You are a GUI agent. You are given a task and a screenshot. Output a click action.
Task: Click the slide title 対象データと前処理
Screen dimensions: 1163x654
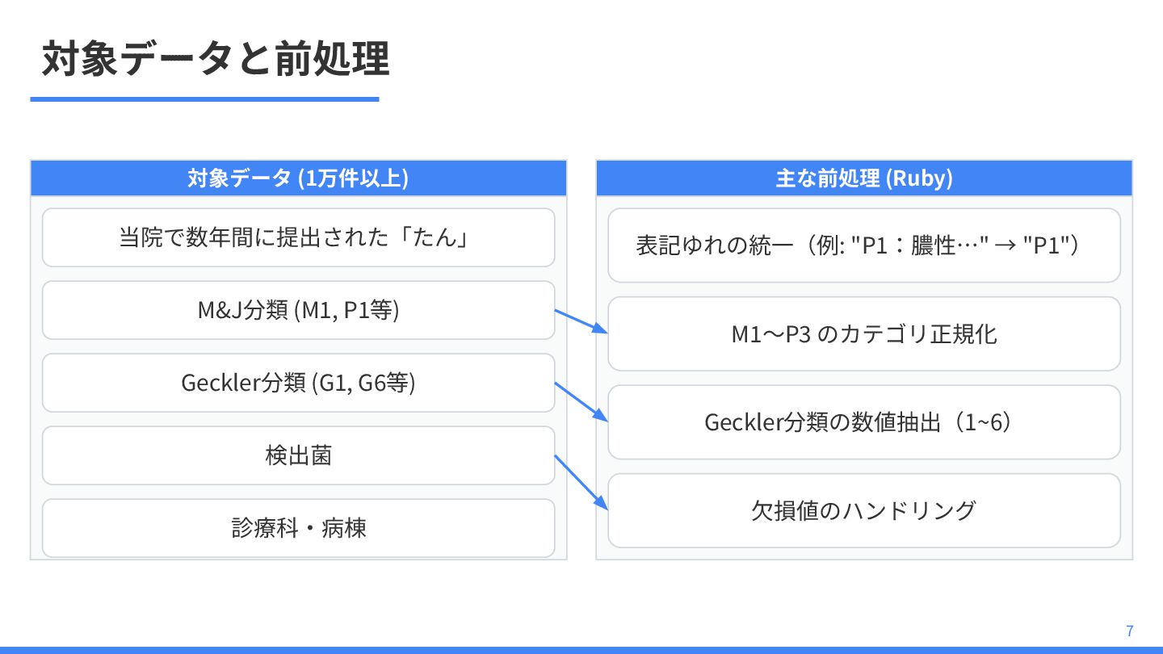pos(216,59)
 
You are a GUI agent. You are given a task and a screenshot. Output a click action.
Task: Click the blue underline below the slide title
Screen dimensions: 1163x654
pos(204,99)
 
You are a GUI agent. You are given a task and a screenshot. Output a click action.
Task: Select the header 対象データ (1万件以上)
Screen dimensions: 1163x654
pos(298,178)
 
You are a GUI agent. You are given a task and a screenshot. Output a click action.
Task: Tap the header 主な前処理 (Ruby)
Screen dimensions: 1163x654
pos(864,178)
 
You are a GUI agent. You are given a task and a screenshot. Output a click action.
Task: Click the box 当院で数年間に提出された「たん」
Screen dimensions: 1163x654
pos(298,237)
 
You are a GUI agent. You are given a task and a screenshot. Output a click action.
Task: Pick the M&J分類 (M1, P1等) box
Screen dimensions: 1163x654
pos(298,310)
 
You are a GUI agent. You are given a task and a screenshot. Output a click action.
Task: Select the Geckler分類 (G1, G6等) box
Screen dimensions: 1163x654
pos(298,383)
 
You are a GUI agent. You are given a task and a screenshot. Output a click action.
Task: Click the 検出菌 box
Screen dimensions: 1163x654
pos(298,455)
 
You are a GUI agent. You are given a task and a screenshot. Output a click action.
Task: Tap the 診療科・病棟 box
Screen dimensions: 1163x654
pos(298,528)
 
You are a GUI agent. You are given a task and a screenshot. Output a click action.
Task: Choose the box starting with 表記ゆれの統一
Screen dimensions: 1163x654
pos(864,245)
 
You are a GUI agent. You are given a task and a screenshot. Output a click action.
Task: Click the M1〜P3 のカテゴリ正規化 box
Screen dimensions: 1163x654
pos(864,333)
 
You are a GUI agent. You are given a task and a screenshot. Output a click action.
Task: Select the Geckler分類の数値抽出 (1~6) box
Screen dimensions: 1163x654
pos(864,422)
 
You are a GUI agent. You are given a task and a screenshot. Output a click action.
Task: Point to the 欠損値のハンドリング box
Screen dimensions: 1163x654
pos(864,510)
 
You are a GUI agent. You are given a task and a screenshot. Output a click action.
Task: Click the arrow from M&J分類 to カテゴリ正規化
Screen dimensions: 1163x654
pos(581,321)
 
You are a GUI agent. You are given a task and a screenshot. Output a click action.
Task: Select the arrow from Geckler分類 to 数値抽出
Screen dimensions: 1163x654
pos(581,401)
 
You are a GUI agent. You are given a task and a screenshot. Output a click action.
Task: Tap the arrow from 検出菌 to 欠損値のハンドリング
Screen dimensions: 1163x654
pos(581,482)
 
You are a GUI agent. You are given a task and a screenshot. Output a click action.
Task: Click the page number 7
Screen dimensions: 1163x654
pos(1129,631)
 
